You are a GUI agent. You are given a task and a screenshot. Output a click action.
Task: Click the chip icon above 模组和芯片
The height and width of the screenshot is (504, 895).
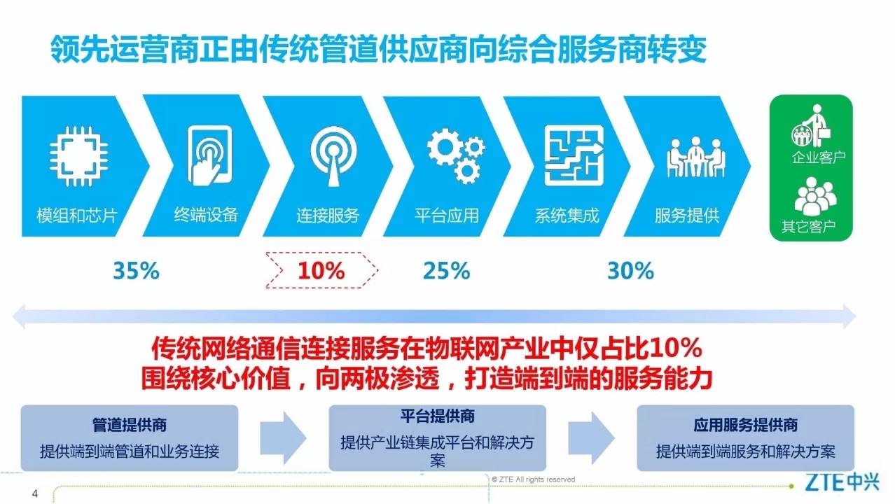(x=78, y=156)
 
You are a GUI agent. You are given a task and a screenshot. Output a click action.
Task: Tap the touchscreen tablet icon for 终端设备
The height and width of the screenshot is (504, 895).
(x=209, y=155)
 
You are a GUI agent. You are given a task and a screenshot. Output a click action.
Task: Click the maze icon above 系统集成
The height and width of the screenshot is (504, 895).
(x=574, y=155)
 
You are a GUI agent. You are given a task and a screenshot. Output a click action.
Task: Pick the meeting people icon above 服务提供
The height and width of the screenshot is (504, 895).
(x=695, y=157)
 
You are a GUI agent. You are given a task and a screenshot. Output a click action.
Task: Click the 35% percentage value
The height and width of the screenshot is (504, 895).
(x=137, y=271)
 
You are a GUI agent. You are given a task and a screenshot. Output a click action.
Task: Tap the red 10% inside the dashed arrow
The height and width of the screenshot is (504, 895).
(x=321, y=271)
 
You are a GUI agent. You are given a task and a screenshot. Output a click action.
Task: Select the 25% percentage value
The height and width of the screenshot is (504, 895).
(x=447, y=271)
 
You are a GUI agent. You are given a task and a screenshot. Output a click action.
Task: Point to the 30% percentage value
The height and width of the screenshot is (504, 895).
(x=631, y=271)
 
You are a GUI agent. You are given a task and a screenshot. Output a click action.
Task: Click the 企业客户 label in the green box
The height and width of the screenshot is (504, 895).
(x=819, y=157)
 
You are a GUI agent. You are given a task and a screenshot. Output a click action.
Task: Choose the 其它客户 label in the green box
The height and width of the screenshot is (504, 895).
(x=809, y=226)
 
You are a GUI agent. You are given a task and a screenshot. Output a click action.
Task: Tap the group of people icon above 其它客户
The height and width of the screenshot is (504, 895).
(x=815, y=196)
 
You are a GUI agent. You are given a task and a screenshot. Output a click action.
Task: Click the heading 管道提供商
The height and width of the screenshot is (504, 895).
(x=130, y=425)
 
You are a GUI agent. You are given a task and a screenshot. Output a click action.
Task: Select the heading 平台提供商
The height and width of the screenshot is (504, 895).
(x=438, y=416)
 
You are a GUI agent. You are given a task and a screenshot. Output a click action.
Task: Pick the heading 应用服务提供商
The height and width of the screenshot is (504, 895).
(x=746, y=425)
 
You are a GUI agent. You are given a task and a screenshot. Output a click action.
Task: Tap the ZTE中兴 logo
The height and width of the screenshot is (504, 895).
(x=842, y=482)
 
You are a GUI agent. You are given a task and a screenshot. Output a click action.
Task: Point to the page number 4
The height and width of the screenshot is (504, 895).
(x=35, y=493)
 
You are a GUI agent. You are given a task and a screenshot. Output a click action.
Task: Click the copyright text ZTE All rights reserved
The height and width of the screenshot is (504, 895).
(x=534, y=479)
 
